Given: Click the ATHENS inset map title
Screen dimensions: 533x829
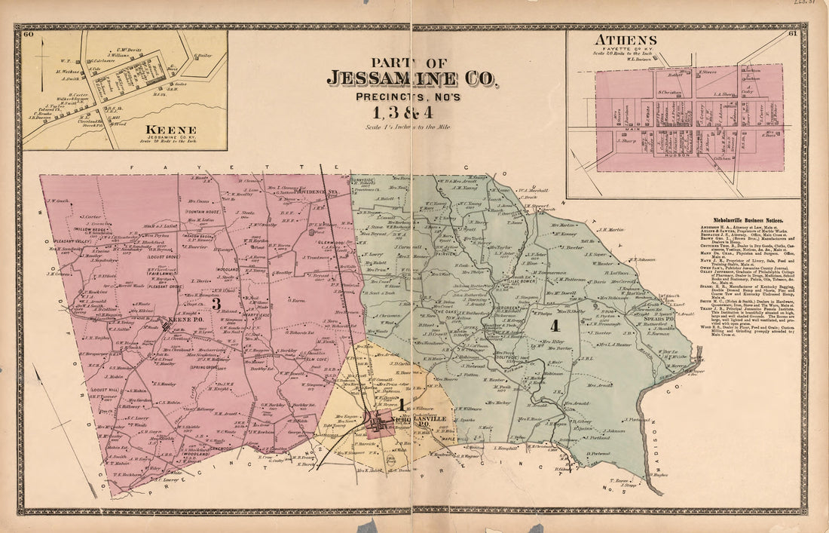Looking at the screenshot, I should [625, 40].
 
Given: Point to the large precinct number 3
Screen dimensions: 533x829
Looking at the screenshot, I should [215, 304].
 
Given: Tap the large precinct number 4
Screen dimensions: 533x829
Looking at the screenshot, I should [555, 326].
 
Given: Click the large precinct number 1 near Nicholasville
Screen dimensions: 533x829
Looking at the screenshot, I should [402, 406].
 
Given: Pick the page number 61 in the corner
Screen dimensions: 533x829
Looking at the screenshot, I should [792, 34].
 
